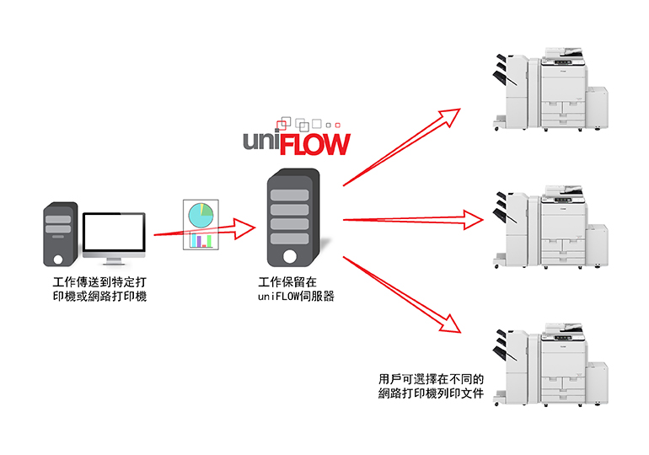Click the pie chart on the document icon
tap(201, 214)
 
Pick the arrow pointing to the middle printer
tap(413, 220)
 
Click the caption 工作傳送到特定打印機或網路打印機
tap(99, 288)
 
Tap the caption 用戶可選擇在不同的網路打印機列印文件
tap(431, 386)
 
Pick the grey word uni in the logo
tap(259, 141)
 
